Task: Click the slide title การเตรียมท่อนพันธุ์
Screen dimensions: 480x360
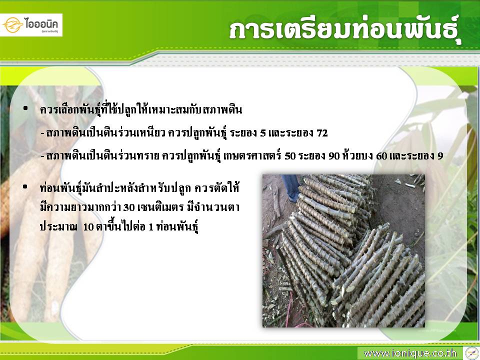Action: point(345,31)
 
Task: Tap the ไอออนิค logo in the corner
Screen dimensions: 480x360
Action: point(31,25)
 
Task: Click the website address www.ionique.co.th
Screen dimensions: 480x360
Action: point(410,353)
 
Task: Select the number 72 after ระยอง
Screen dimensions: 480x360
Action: point(322,133)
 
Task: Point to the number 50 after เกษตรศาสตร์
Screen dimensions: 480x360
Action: point(290,156)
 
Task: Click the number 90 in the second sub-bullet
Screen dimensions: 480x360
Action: point(334,156)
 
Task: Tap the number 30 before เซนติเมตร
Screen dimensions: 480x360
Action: point(129,207)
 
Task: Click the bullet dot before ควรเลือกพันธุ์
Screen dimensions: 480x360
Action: point(25,108)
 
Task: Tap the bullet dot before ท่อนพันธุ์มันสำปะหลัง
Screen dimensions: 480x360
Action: point(25,186)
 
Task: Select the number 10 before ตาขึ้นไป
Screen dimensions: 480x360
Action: point(88,227)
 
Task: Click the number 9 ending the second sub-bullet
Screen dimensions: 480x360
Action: point(440,156)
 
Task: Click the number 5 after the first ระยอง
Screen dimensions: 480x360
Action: point(263,133)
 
